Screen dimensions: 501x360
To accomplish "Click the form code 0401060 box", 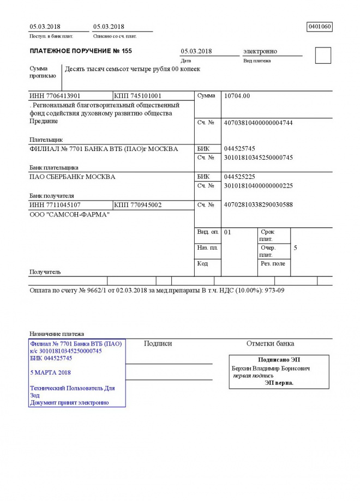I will click(320, 26).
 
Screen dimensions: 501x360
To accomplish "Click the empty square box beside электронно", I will click(323, 56).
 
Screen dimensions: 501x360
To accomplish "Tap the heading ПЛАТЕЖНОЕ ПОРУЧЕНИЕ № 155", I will click(81, 51).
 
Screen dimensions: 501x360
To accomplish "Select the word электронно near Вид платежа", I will click(260, 51).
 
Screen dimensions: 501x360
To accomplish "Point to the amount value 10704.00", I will click(237, 96).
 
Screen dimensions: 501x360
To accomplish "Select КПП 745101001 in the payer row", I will click(137, 96).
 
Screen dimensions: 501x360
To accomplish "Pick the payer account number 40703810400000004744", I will click(259, 123).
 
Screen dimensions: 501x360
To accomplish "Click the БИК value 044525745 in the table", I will click(239, 149).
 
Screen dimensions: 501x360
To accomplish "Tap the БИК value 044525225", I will click(239, 177).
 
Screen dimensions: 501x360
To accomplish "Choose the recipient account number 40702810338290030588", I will click(259, 205).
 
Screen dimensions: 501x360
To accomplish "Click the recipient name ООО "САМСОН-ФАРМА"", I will click(69, 215).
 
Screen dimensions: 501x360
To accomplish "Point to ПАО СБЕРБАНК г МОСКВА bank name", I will click(72, 177).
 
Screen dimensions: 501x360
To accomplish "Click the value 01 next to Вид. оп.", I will click(228, 232).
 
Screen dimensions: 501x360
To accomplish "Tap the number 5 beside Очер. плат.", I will click(295, 248).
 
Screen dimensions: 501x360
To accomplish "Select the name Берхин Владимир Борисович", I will click(271, 369).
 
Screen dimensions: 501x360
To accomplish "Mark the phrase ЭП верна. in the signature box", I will click(279, 383).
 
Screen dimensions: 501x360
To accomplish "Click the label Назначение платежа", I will click(57, 334).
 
